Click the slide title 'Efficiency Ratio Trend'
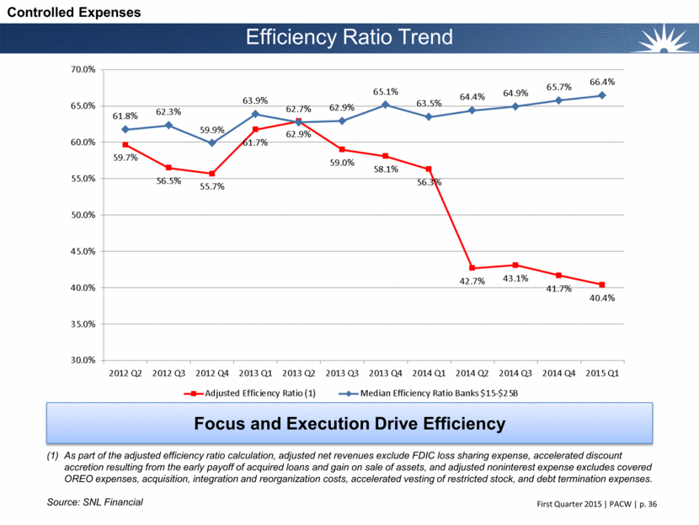click(349, 37)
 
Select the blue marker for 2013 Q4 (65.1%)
click(384, 104)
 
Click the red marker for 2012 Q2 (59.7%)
click(125, 144)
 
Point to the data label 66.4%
click(601, 81)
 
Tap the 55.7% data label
click(213, 187)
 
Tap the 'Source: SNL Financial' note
click(95, 502)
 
